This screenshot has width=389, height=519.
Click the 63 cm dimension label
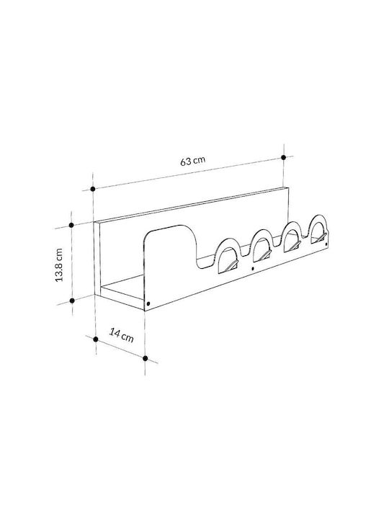[x=193, y=160]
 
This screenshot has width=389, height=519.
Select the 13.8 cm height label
[x=59, y=265]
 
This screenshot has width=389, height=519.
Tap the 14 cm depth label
[x=122, y=334]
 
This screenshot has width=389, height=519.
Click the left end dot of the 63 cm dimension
[x=93, y=189]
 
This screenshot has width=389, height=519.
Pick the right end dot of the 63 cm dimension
[x=284, y=158]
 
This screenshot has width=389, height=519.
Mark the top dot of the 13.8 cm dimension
[x=71, y=225]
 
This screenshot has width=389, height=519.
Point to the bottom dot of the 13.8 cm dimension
[x=72, y=301]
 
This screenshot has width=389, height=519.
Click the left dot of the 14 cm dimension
[x=96, y=339]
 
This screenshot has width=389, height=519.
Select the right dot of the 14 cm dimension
[x=146, y=358]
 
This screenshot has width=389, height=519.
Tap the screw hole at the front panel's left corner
[x=148, y=303]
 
